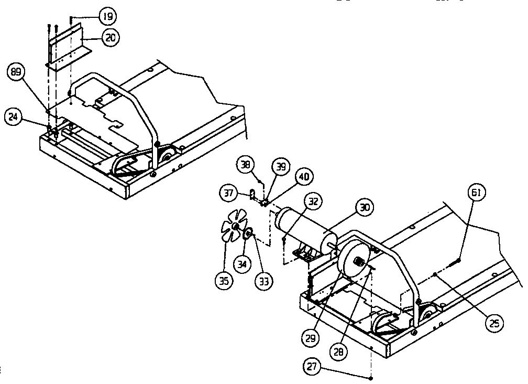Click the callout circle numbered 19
pos(107,17)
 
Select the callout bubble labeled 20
pos(111,38)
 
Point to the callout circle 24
pos(13,118)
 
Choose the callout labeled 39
pos(281,166)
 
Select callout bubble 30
pos(365,208)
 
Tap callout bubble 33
pos(263,281)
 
